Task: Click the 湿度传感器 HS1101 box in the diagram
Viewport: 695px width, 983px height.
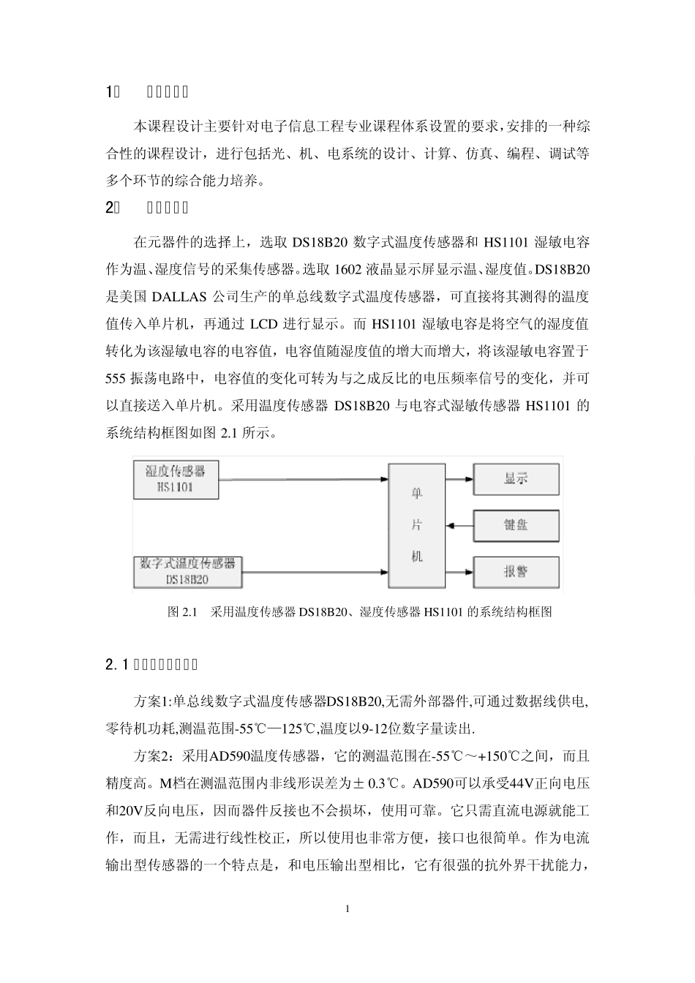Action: pos(176,479)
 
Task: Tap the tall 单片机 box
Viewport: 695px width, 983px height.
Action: pos(416,525)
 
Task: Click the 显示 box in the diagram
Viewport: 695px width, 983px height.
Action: pos(516,479)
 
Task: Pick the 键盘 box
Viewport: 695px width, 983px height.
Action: pos(516,525)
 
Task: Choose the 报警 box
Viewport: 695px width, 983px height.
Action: pos(516,571)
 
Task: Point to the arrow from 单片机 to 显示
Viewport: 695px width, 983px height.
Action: pos(459,480)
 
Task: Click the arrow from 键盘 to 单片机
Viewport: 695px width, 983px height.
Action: pos(459,525)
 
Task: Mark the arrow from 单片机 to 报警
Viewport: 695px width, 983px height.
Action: pos(459,571)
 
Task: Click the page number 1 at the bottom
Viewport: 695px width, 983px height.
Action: pos(347,909)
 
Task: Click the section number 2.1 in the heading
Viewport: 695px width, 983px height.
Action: pos(118,665)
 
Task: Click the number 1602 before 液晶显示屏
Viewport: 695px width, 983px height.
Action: pos(346,270)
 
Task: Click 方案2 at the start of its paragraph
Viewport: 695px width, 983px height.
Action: pos(153,757)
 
